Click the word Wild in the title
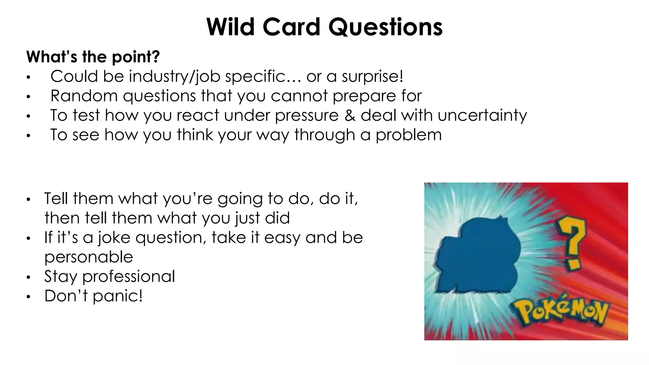pyautogui.click(x=230, y=27)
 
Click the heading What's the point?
pyautogui.click(x=93, y=57)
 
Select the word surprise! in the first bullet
pyautogui.click(x=372, y=76)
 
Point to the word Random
pyautogui.click(x=84, y=96)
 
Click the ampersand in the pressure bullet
pyautogui.click(x=350, y=115)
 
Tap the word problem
pyautogui.click(x=408, y=135)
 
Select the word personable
pyautogui.click(x=89, y=257)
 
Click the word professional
pyautogui.click(x=128, y=276)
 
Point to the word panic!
pyautogui.click(x=118, y=296)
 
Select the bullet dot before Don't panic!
pyautogui.click(x=29, y=297)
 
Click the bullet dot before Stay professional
pyautogui.click(x=29, y=278)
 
